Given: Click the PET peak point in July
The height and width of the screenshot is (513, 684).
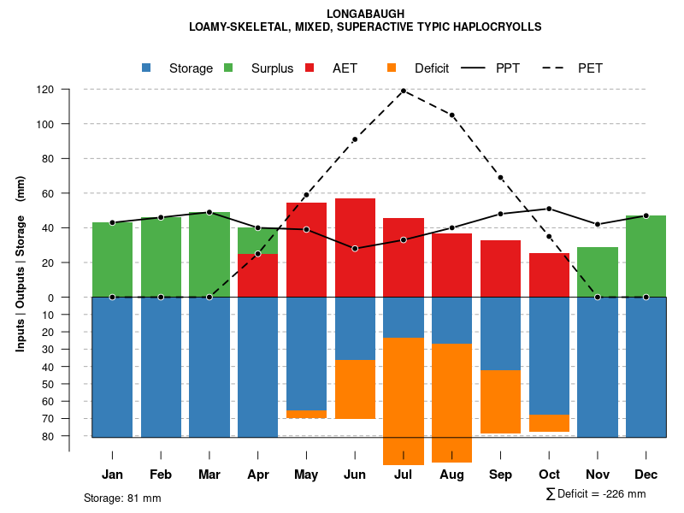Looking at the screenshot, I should (404, 91).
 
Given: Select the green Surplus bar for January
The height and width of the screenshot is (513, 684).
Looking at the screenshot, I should (112, 259).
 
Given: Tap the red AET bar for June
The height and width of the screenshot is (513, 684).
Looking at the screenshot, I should (355, 247).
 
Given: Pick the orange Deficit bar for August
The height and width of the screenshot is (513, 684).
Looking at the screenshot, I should (452, 402).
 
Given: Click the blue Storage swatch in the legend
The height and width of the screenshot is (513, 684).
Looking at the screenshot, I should (147, 68).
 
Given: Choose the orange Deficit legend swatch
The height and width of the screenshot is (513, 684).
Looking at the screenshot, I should (392, 68).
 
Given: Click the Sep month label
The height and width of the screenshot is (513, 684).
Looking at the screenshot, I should (501, 475).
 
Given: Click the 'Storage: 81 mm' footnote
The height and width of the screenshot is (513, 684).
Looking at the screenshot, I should (122, 498).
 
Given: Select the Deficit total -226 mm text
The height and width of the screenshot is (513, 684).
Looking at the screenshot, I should (596, 494).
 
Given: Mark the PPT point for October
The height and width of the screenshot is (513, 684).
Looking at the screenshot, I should (549, 209).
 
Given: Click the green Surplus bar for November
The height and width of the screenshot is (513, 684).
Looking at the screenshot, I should (598, 272).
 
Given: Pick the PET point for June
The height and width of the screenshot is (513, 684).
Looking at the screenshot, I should (355, 139).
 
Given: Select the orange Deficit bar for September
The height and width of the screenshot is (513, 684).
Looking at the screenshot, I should (501, 402).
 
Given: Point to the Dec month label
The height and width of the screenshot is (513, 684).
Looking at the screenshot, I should (646, 475).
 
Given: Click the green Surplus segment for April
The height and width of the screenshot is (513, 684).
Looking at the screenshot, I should (257, 240).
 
